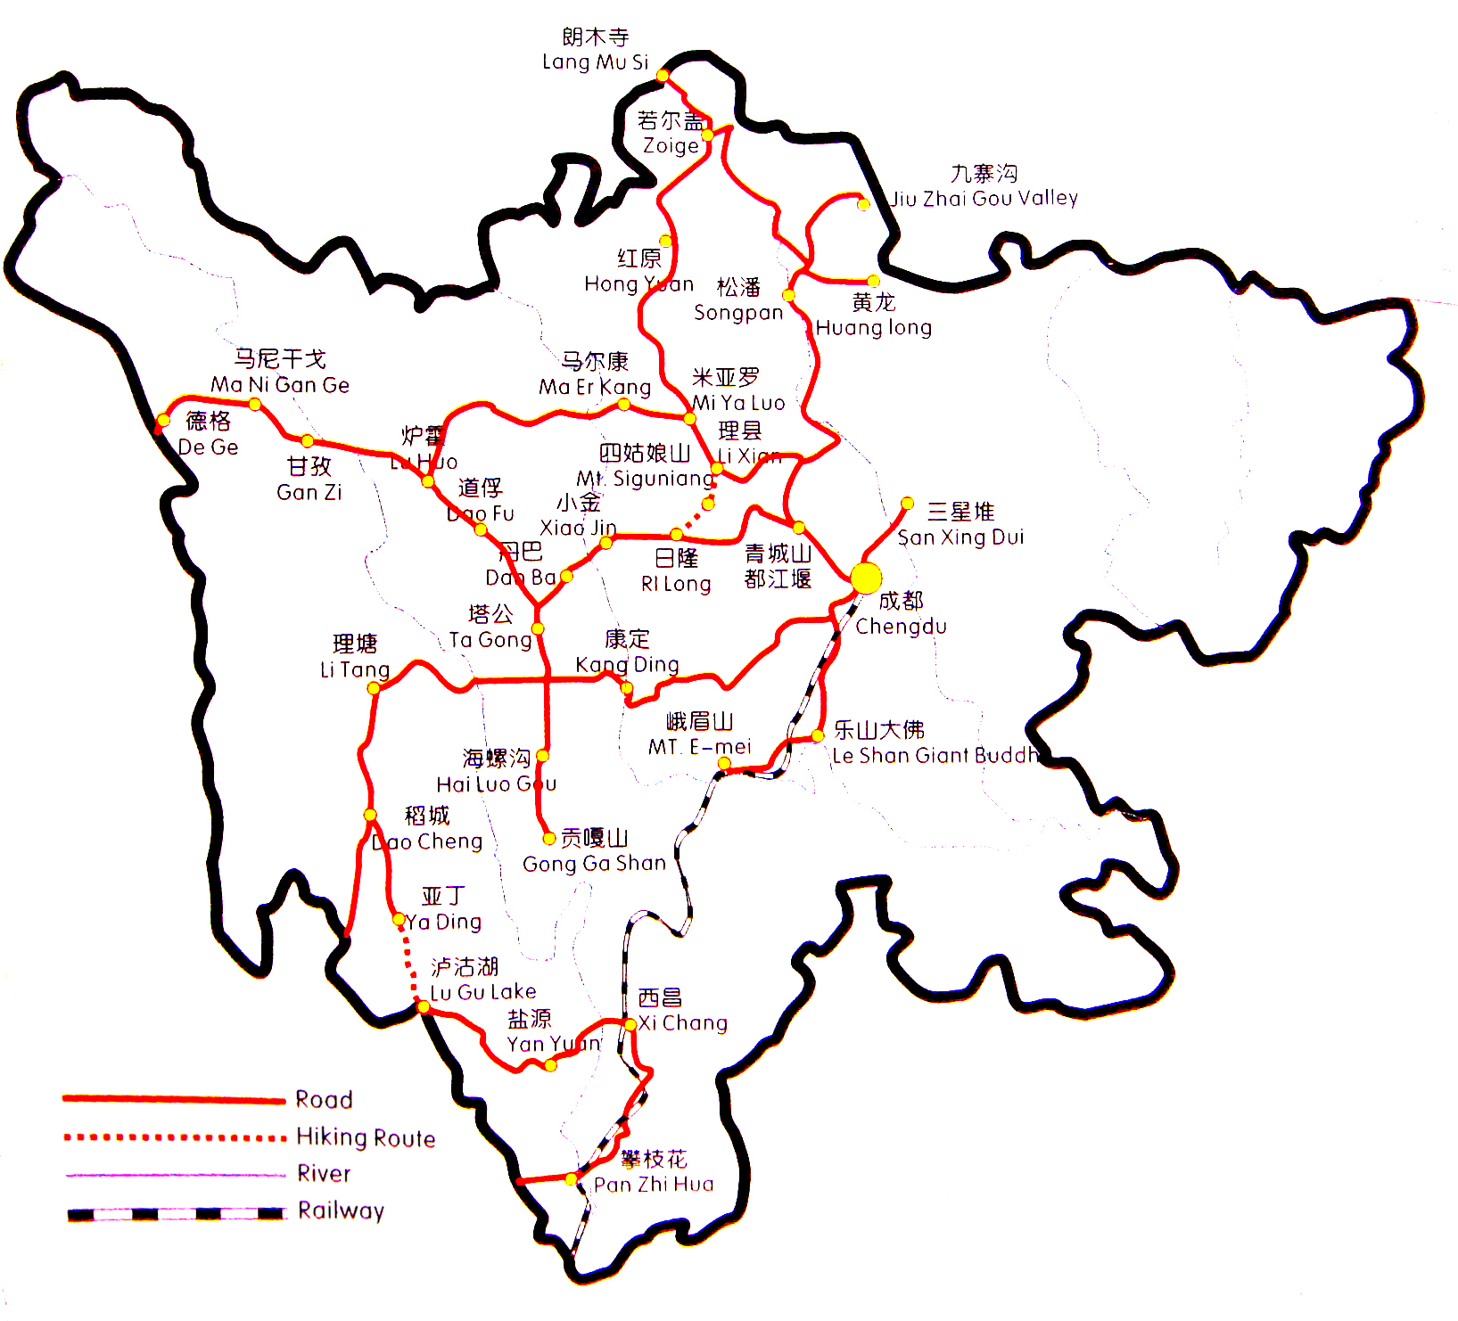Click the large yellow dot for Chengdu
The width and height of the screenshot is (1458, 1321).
[x=866, y=578]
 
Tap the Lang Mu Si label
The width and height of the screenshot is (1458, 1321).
[x=595, y=62]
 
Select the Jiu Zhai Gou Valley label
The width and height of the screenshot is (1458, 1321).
[x=984, y=198]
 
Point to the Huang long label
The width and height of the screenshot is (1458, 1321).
[x=873, y=327]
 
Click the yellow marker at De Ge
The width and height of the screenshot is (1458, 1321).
[x=163, y=420]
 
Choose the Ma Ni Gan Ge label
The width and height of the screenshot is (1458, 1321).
[x=280, y=384]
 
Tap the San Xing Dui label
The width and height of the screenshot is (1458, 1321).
[x=960, y=537]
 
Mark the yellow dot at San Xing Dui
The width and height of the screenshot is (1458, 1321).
[x=907, y=504]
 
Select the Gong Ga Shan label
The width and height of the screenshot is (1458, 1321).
[x=594, y=863]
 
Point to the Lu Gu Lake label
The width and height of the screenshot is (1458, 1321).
[x=482, y=991]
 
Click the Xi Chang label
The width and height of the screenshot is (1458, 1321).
[x=683, y=1022]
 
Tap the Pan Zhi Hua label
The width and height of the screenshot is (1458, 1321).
[x=654, y=1184]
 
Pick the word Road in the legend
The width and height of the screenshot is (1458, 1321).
[x=324, y=1099]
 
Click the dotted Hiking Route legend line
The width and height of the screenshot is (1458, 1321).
[x=174, y=1137]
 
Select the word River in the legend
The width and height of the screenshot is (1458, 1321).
[x=324, y=1173]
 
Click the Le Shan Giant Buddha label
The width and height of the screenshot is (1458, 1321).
[x=935, y=755]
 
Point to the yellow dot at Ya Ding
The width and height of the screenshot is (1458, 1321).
[x=399, y=919]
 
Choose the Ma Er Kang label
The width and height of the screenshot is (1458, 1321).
[x=595, y=386]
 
